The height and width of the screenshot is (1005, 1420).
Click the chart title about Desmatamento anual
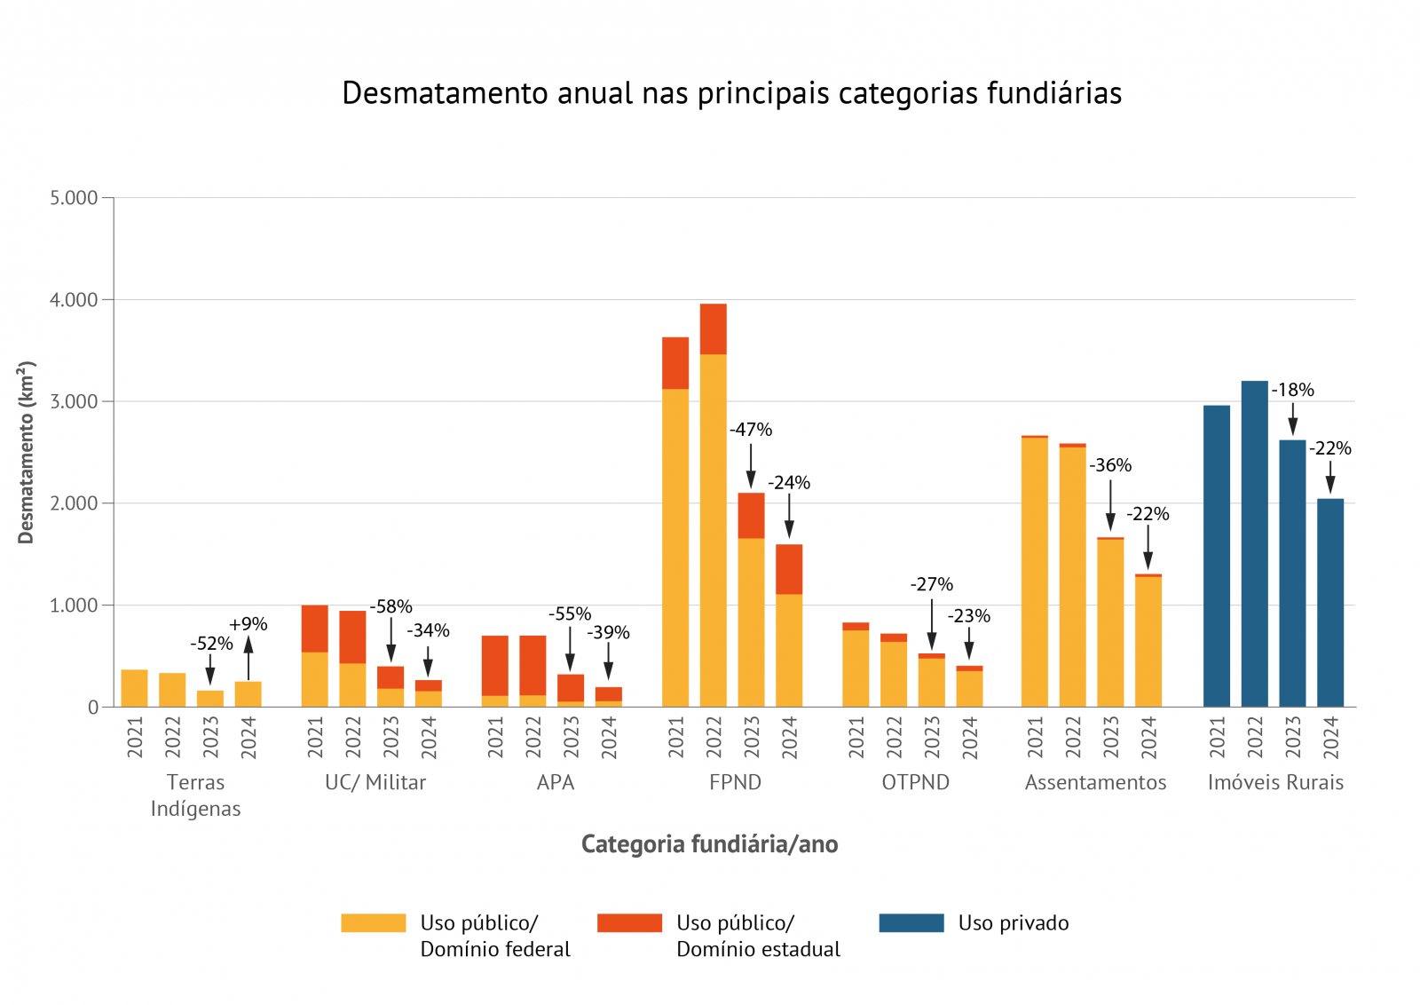[x=731, y=93]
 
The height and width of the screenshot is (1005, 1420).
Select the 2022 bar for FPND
[x=713, y=506]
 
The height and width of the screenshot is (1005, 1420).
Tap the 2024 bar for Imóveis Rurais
[x=1329, y=603]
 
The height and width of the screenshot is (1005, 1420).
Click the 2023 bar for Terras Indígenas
[x=210, y=699]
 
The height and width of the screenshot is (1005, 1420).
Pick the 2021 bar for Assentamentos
[x=1034, y=572]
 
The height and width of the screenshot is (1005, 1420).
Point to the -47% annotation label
[x=751, y=430]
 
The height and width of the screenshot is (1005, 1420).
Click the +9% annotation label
[x=248, y=624]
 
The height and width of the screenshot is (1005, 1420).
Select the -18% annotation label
[x=1292, y=390]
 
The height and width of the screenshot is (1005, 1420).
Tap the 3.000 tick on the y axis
[x=74, y=401]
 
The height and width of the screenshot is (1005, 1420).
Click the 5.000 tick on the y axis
[x=74, y=198]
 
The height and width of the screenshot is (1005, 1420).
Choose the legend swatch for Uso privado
[x=911, y=922]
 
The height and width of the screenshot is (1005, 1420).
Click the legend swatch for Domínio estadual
[x=629, y=922]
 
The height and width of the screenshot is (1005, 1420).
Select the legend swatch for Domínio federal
[x=373, y=922]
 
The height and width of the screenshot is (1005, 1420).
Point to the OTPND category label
[x=915, y=782]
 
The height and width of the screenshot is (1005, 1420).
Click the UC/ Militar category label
[x=375, y=782]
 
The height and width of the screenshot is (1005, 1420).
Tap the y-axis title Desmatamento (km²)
[x=26, y=452]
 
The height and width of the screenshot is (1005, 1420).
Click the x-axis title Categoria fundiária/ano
[x=709, y=843]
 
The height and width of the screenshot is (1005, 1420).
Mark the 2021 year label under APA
[x=495, y=738]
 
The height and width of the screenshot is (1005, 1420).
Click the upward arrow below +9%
[x=248, y=658]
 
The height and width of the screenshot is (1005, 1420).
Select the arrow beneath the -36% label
[x=1110, y=505]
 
